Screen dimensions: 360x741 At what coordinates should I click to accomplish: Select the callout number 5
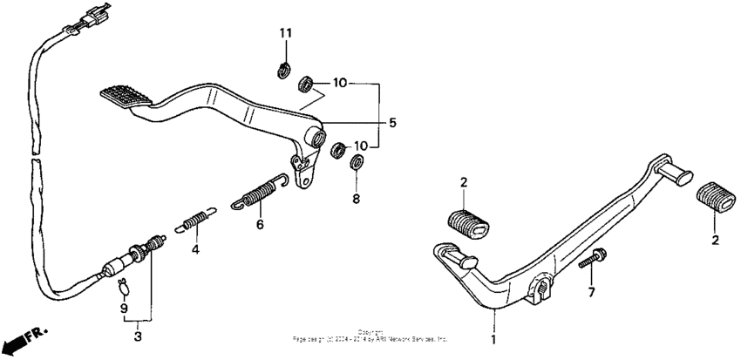point(392,123)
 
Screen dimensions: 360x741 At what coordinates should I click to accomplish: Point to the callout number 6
point(259,224)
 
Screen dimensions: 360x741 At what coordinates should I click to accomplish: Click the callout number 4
point(195,249)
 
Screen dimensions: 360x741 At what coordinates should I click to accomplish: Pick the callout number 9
point(123,308)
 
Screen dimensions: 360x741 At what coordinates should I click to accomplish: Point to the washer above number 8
point(357,162)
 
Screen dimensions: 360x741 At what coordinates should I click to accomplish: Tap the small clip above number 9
point(123,283)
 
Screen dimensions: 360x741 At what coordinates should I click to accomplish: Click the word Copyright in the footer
point(370,332)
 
